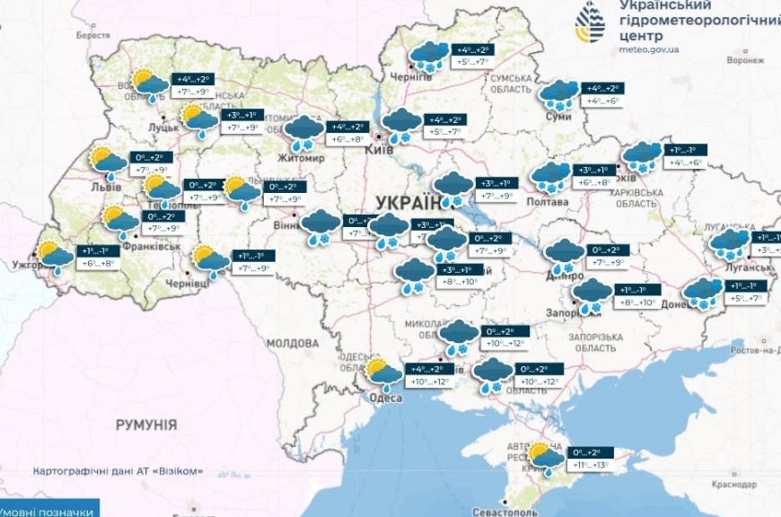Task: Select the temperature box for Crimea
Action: pyautogui.click(x=588, y=459)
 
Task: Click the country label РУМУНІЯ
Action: pyautogui.click(x=146, y=425)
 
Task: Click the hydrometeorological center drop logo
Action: pyautogui.click(x=592, y=24)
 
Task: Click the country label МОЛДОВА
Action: pyautogui.click(x=292, y=344)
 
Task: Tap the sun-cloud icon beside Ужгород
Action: pyautogui.click(x=54, y=256)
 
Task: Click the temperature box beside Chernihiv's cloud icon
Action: pyautogui.click(x=472, y=56)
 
